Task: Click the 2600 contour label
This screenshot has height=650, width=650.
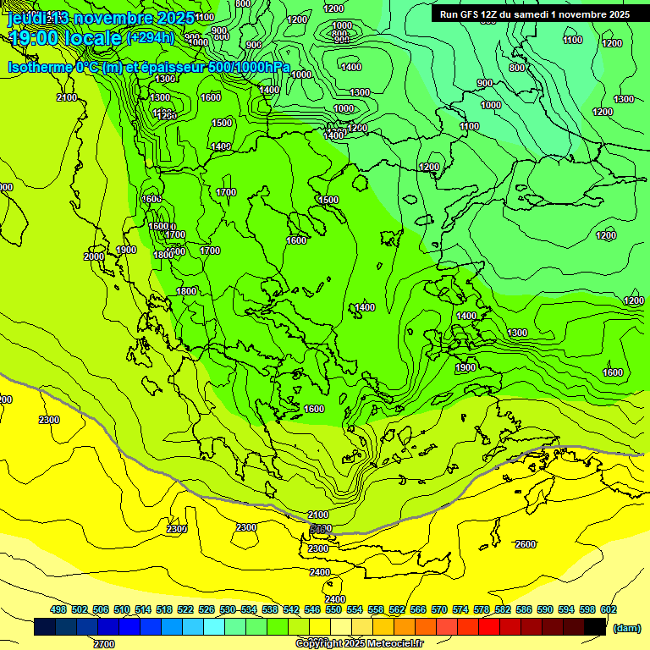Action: click(x=525, y=544)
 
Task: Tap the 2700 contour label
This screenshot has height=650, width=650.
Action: click(x=104, y=644)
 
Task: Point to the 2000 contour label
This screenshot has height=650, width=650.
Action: click(x=94, y=256)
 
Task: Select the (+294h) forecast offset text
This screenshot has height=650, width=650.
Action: click(x=150, y=37)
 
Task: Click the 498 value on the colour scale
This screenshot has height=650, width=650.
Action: click(x=59, y=609)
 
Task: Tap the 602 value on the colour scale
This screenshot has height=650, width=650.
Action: click(x=609, y=609)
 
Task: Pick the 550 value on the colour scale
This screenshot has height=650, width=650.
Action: click(x=333, y=609)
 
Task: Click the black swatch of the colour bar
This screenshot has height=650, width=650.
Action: click(x=594, y=626)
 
